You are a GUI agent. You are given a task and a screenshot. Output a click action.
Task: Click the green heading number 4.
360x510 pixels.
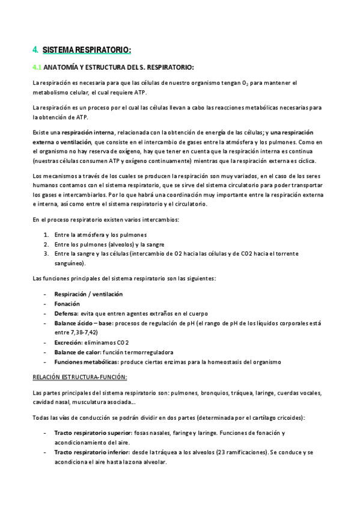[x=35, y=50]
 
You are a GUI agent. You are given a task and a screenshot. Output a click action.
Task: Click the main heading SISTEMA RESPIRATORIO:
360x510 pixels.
[x=87, y=50]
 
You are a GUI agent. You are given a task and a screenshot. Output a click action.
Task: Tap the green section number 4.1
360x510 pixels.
[x=37, y=67]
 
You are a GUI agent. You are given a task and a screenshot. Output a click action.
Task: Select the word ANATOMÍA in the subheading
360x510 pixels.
[x=61, y=67]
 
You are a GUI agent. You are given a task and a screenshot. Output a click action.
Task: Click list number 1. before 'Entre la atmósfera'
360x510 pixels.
[x=47, y=235]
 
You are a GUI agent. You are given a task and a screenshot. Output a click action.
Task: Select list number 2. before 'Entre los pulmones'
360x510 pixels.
[x=47, y=244]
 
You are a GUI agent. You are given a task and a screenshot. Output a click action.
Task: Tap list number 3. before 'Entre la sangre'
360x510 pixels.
[x=47, y=254]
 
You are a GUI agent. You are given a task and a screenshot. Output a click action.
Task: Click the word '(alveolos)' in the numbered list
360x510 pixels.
[x=120, y=244]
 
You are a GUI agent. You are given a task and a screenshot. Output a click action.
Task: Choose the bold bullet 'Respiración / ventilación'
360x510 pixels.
[x=88, y=294]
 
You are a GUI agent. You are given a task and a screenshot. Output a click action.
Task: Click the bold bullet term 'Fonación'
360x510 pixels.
[x=67, y=304]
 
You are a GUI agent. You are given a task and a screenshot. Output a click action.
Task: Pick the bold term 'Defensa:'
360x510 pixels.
[x=66, y=313]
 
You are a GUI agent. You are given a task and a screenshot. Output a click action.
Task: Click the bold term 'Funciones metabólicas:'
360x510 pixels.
[x=86, y=361]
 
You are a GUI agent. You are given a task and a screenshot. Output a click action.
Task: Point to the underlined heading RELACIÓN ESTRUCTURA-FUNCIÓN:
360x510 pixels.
[x=80, y=377]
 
